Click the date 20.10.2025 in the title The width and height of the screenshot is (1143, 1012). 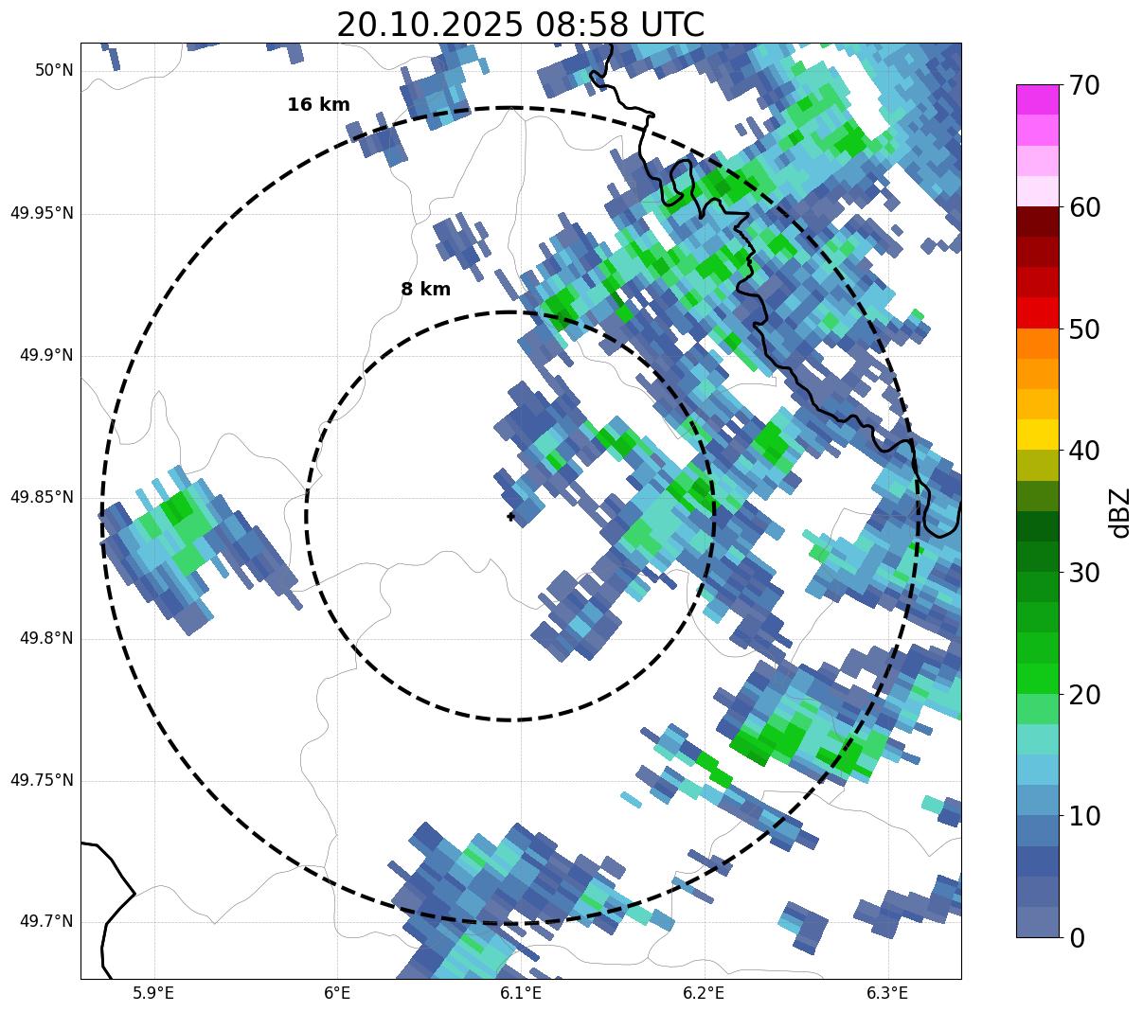click(428, 25)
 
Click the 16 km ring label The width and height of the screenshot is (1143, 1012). click(318, 105)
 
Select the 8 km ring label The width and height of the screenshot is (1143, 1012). click(425, 290)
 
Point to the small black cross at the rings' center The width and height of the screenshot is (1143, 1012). click(510, 516)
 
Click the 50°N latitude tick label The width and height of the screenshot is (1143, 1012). click(54, 71)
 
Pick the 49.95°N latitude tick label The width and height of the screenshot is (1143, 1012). click(42, 213)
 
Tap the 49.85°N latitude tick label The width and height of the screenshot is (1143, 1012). click(42, 497)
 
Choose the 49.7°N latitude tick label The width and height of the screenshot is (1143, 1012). click(46, 922)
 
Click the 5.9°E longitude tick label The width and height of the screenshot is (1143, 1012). click(153, 993)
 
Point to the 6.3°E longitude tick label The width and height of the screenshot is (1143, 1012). click(887, 993)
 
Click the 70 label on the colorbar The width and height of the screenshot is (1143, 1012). click(1084, 85)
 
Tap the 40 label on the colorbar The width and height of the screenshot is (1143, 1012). click(1084, 451)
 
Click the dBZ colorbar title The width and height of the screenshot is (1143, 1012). click(1120, 512)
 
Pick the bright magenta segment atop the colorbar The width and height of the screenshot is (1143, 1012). click(1038, 99)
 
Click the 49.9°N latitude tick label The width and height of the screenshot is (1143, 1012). click(46, 355)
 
